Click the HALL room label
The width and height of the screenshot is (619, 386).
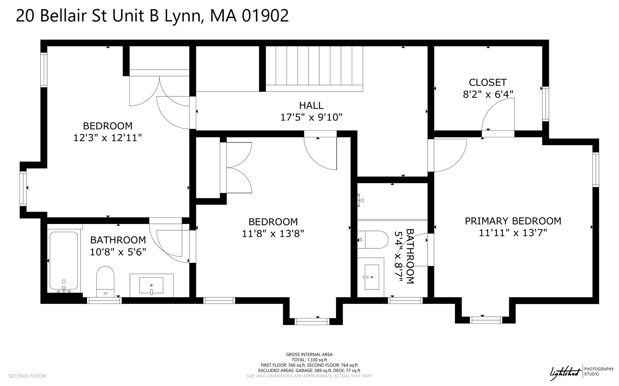311,105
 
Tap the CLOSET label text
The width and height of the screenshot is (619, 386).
488,82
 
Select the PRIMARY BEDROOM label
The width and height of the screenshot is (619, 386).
513,221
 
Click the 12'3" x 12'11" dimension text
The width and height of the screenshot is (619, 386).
108,138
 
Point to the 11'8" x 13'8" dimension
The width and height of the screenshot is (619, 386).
273,234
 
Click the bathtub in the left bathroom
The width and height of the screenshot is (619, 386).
64,261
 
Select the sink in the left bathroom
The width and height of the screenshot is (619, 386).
151,285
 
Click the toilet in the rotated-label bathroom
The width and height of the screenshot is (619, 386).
373,240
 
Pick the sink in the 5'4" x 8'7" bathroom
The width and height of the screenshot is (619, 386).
371,277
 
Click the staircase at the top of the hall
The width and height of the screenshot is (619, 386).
314,69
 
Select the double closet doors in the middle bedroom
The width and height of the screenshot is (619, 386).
239,167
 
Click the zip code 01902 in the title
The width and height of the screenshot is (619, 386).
265,15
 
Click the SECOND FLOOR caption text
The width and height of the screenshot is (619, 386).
27,376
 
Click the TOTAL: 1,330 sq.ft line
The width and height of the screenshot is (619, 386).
309,360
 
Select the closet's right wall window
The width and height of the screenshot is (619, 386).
546,104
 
